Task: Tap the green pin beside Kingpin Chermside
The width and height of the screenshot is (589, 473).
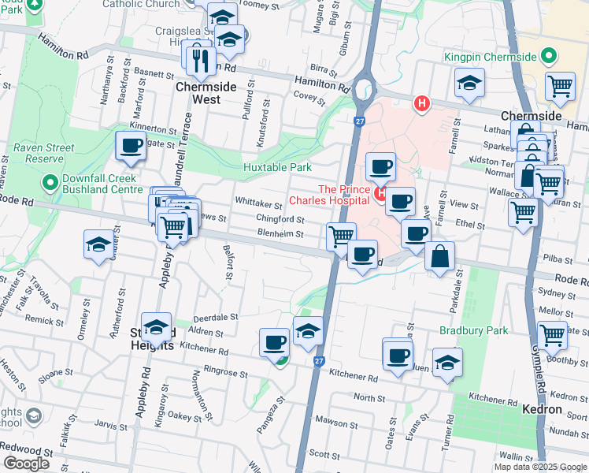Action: coord(549,57)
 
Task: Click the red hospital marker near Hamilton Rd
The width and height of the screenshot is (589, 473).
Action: coord(423,102)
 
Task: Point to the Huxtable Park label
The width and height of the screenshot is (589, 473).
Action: coord(277,167)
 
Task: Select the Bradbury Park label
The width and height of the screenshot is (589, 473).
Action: coord(474,331)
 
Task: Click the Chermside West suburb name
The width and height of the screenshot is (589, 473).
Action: coord(206,88)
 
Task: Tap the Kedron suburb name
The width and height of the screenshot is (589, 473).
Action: coord(543,410)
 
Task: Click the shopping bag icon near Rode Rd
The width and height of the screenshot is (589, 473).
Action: coord(439,256)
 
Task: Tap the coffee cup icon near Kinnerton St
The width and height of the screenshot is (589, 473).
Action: coord(130,145)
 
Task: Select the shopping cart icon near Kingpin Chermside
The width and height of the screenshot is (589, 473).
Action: coord(560,85)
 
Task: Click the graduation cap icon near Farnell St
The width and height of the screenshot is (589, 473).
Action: coord(469,83)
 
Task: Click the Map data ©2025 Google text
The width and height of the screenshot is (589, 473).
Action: coord(540,467)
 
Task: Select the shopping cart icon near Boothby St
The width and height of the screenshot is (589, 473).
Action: coord(552,334)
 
